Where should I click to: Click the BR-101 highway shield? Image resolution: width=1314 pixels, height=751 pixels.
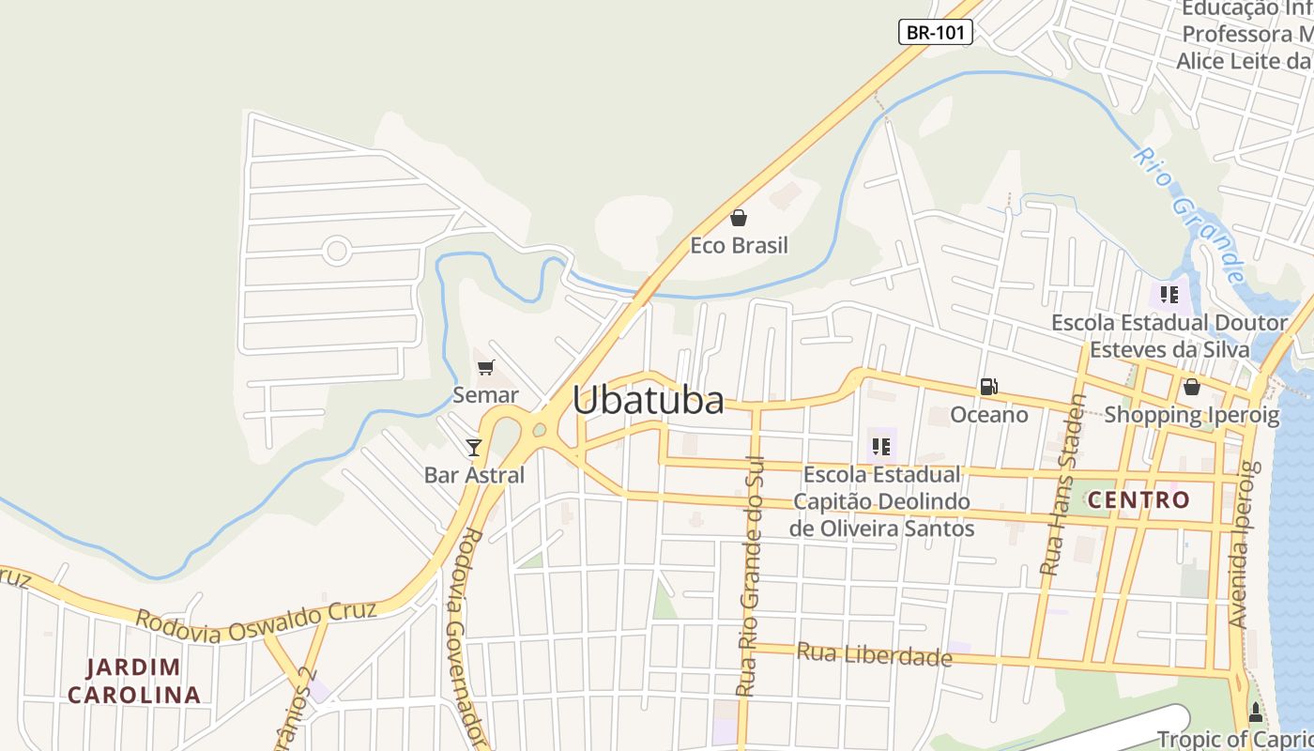click(935, 32)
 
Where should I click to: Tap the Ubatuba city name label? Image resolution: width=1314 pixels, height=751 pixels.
click(648, 401)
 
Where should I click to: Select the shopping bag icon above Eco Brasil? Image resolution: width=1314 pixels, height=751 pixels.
click(739, 219)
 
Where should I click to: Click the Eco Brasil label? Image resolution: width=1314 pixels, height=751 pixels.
click(739, 246)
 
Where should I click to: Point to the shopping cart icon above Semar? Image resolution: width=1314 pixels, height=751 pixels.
click(485, 367)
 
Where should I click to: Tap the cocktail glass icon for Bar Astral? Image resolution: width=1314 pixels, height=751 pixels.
click(474, 447)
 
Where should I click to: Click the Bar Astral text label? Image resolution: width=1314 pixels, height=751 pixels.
click(474, 475)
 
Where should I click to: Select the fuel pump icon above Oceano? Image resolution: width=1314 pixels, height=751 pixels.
click(988, 386)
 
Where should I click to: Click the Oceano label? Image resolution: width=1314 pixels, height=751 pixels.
click(988, 415)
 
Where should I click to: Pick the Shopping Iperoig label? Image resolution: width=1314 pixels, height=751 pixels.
click(1191, 415)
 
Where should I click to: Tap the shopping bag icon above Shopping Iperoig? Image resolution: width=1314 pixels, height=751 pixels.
click(1191, 387)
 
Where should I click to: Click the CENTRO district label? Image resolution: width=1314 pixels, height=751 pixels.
click(1138, 500)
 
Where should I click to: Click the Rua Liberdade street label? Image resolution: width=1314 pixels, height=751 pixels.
click(874, 654)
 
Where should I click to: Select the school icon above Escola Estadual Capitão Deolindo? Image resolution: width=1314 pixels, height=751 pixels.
click(880, 446)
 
